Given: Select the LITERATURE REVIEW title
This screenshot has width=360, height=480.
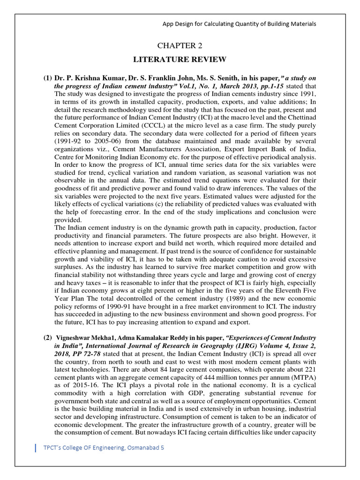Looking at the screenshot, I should click(x=180, y=59).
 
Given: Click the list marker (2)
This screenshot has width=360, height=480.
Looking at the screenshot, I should click(x=48, y=338).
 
